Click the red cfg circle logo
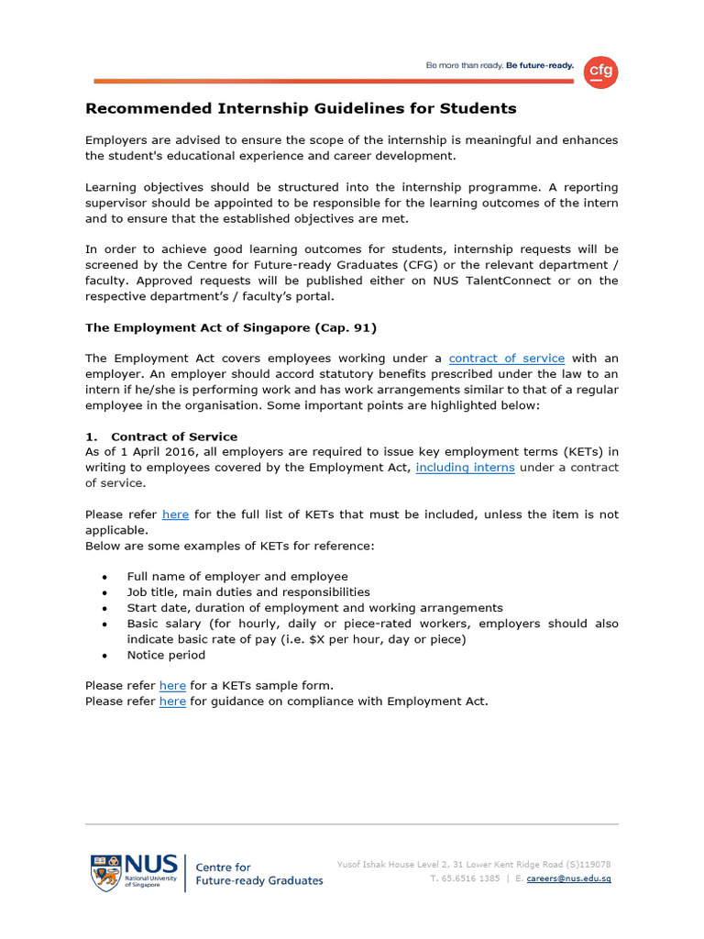point(600,72)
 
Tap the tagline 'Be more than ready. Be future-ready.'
point(499,66)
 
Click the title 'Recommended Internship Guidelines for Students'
point(301,109)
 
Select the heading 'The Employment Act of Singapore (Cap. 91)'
point(231,327)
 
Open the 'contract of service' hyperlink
point(506,359)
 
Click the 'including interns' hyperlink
point(465,468)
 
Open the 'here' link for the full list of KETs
point(175,514)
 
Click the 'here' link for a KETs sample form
point(172,686)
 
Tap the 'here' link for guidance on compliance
point(172,701)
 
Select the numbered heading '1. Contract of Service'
point(161,436)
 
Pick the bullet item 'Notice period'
point(166,655)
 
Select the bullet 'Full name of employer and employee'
point(237,577)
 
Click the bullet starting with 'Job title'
point(248,592)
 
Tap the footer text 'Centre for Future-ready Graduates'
point(259,874)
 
